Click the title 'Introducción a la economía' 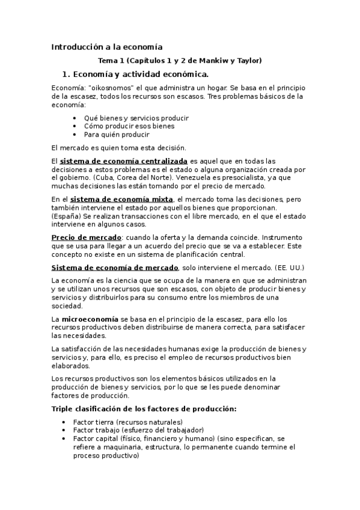point(107,46)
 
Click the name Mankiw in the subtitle point(214,61)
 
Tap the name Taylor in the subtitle point(247,61)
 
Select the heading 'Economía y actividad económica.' point(139,75)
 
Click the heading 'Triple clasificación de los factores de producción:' point(144,409)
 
